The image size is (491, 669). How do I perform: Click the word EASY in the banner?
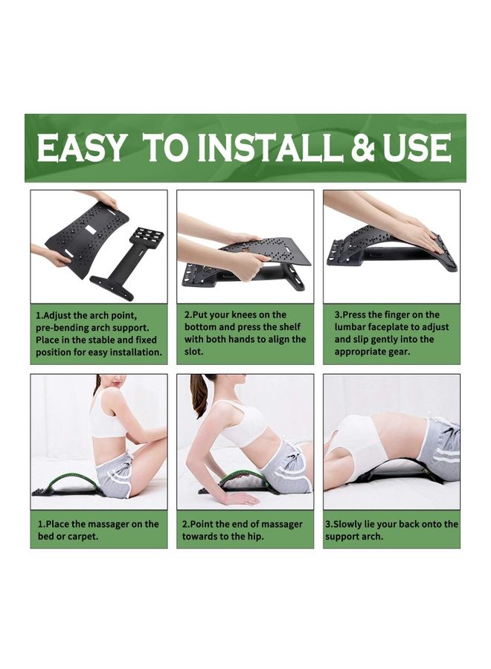coord(82,148)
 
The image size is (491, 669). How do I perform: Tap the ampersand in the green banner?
coord(363,148)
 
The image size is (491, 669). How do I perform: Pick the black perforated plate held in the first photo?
coord(86,238)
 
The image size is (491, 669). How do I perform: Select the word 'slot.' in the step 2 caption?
coord(193,351)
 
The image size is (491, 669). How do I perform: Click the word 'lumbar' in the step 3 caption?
coord(353,327)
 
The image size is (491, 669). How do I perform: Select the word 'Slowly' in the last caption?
coord(350,524)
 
